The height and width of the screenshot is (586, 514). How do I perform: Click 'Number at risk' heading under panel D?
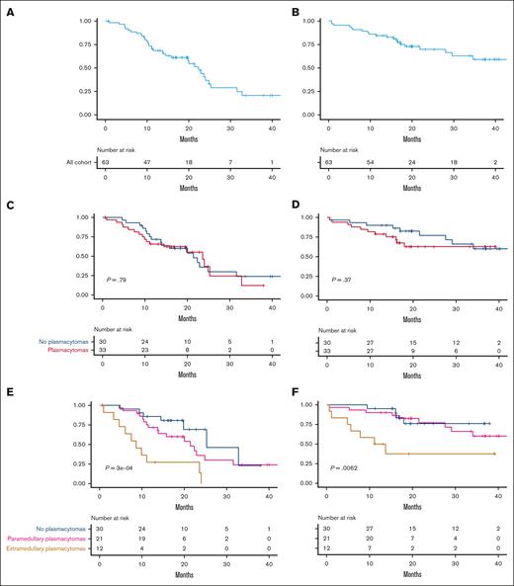[x=353, y=330]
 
